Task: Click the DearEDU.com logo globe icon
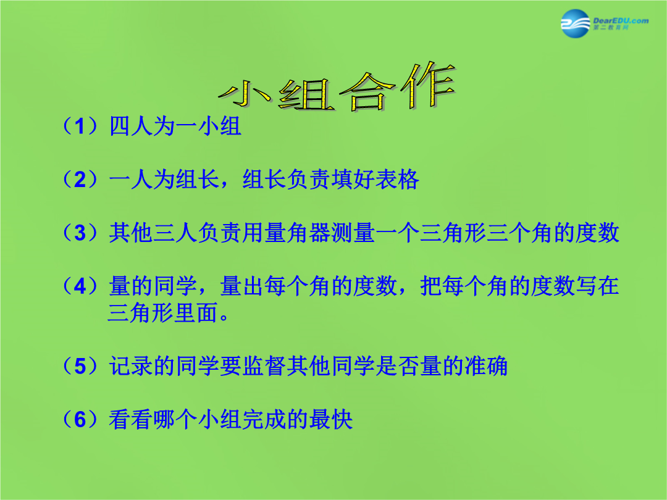576,23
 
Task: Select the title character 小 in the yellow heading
245,94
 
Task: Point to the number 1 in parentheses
80,127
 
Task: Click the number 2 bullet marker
80,180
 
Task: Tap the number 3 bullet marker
80,233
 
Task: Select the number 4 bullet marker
80,286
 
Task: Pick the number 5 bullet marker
80,366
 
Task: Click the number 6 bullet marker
80,419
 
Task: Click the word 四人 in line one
131,127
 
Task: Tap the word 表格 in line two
397,180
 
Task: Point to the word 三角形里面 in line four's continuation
163,312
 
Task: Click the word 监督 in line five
264,366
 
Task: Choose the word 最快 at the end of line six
331,419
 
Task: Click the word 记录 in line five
131,366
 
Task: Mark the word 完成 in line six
264,419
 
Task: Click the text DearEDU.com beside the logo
621,20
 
